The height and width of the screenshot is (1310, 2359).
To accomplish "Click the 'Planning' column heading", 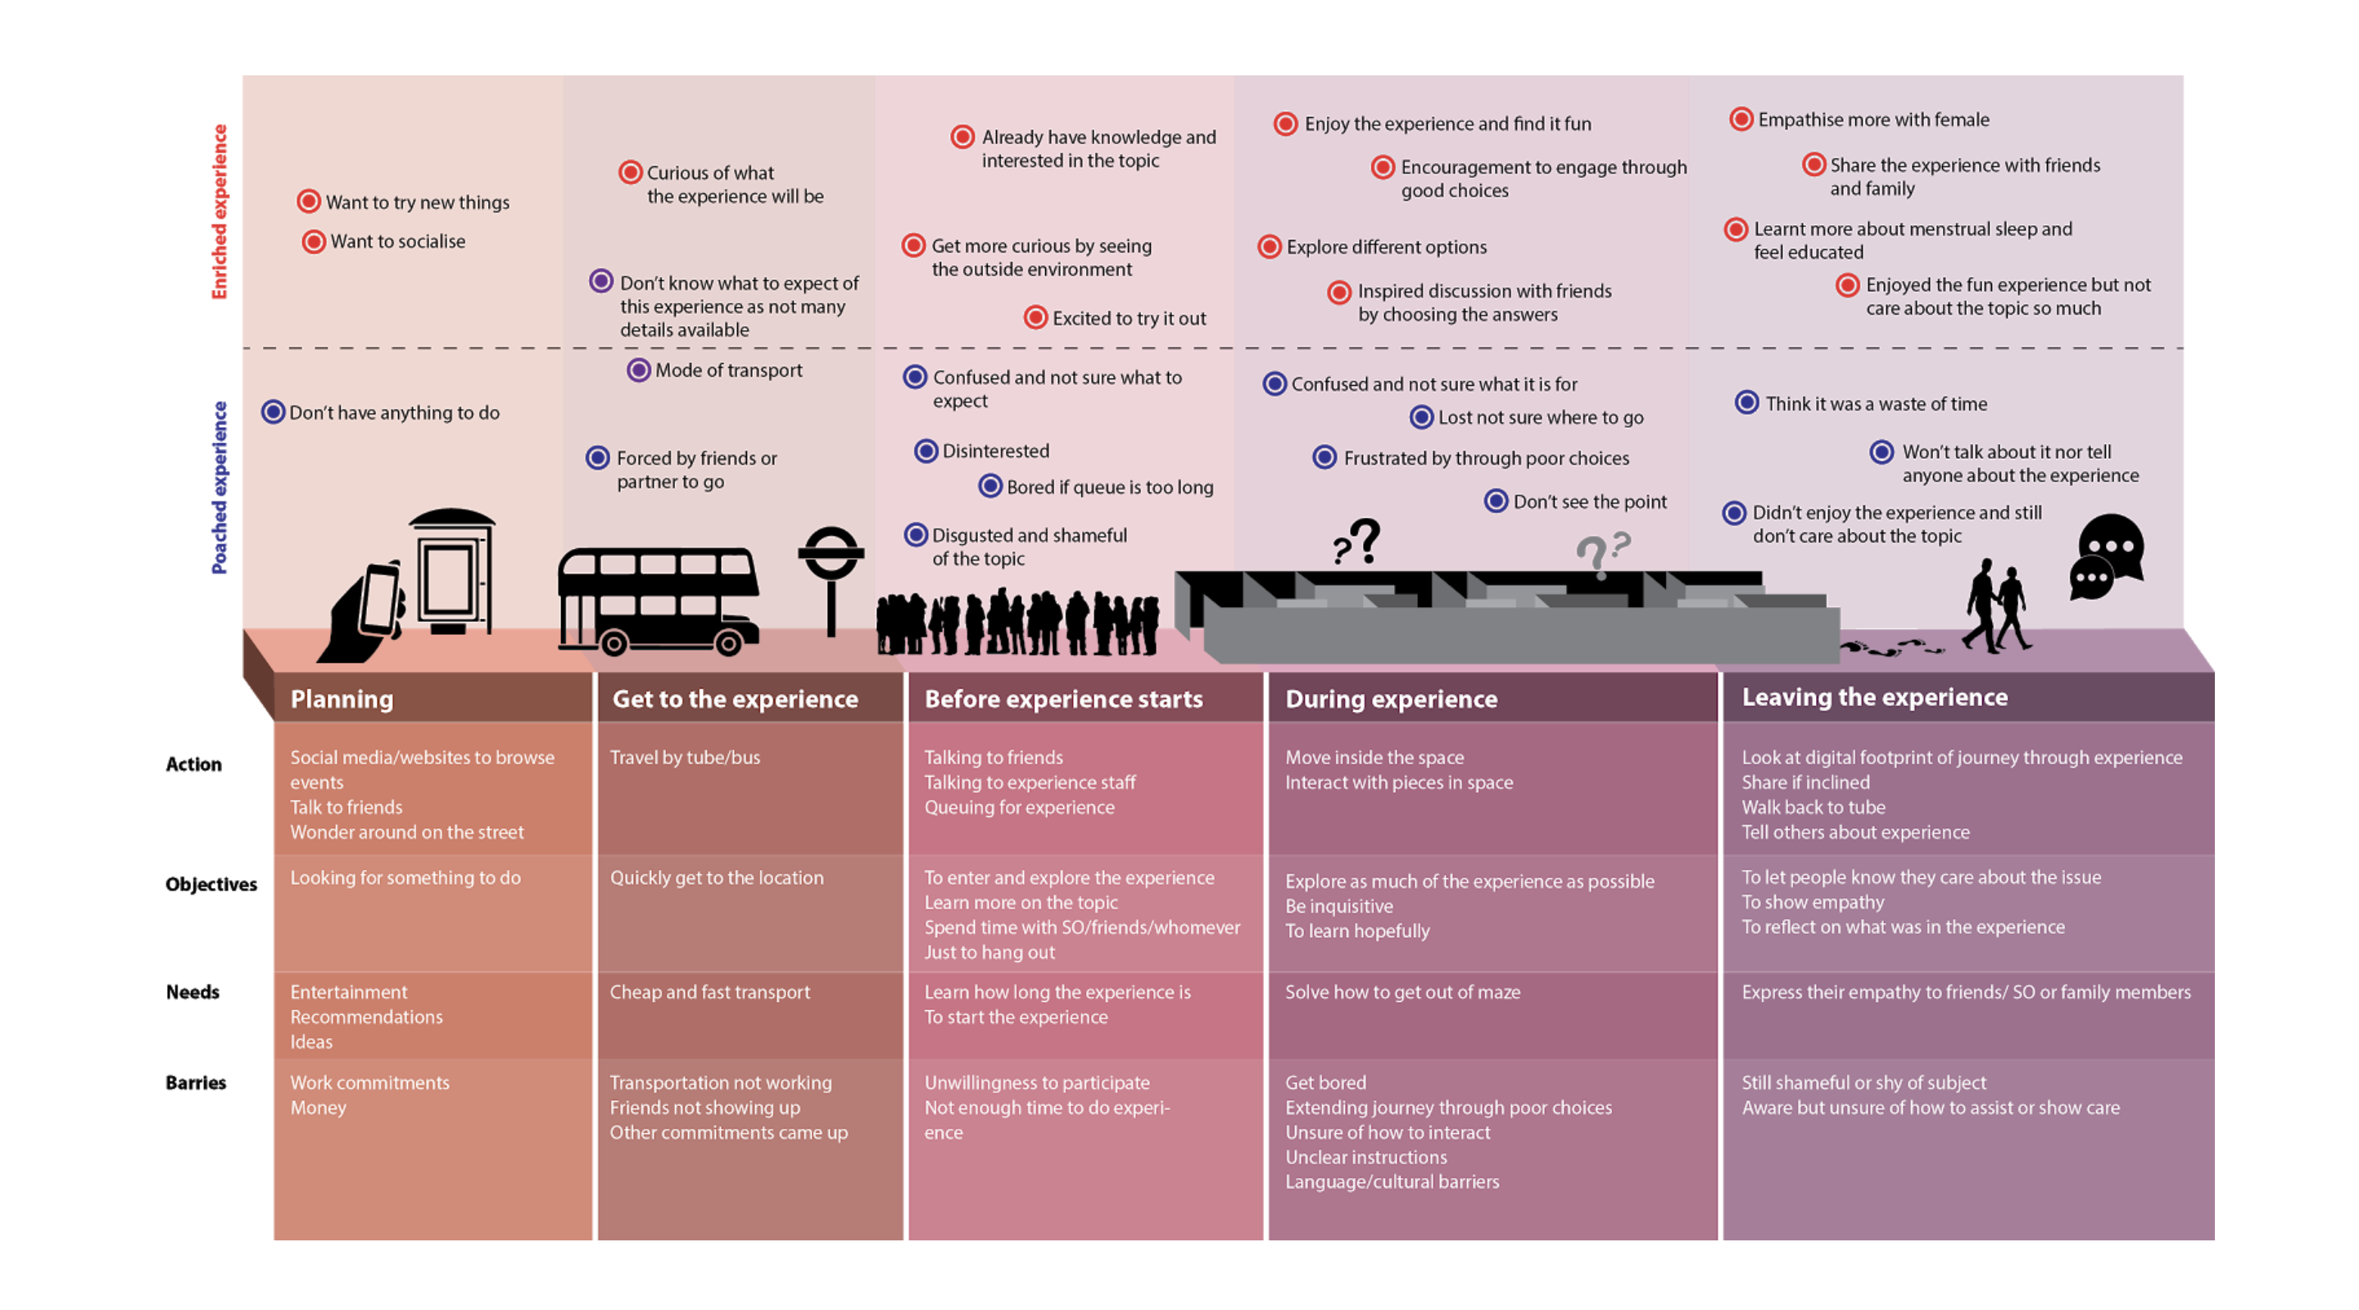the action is pos(342,699).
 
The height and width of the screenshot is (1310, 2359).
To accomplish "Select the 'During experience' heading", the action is pos(1391,699).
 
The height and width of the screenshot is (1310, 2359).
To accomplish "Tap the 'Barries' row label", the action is pos(196,1083).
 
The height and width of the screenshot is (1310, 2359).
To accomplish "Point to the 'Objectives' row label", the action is pos(211,884).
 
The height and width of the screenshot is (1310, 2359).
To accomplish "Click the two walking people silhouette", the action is pos(1996,605).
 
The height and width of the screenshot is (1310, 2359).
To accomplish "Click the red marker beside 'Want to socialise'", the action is pos(314,242).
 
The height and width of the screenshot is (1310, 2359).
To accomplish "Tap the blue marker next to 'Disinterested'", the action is pos(926,451).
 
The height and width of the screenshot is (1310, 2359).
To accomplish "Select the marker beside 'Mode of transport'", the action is pos(638,370).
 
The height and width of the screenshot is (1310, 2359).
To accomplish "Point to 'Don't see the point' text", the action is pos(1590,501).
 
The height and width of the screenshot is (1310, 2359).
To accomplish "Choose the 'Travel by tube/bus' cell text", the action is pos(685,758).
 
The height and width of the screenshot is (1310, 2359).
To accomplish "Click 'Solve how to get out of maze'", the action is pos(1402,992).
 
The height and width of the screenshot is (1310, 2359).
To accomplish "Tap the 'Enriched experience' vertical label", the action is pos(220,211).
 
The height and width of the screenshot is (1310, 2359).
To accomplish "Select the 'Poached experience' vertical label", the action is pos(220,487).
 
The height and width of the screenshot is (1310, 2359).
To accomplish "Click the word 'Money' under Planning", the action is pos(319,1108).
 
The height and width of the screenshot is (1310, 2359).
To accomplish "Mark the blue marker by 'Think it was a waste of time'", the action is pos(1746,402).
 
